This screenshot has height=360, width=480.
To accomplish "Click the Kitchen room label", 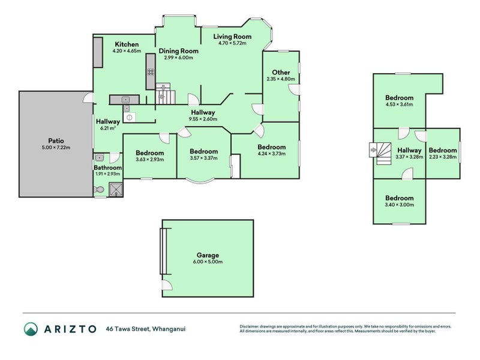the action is click(127, 44).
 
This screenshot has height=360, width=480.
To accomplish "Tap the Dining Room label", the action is click(178, 51).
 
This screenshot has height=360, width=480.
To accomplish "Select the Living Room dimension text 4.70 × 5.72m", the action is click(232, 43).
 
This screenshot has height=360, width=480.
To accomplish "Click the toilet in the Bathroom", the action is click(98, 190).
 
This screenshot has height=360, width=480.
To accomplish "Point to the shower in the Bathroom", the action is click(116, 190).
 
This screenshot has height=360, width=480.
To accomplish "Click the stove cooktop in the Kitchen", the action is click(151, 72).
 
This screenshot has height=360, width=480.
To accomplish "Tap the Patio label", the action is click(56, 141).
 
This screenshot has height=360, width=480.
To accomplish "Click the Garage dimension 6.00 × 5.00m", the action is click(208, 262).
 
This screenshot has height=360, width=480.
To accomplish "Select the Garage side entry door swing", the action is click(167, 286).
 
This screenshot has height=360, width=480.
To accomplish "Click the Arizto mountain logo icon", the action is click(31, 329).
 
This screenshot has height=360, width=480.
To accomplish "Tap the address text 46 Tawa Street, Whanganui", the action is click(146, 329).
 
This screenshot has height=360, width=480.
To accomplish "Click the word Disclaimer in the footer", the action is click(249, 326).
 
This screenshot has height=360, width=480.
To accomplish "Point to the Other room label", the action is click(281, 72).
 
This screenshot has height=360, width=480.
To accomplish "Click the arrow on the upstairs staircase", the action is click(373, 150).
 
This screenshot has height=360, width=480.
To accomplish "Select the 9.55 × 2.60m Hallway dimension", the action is click(203, 119).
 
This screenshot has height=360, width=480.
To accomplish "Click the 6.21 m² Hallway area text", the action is click(108, 128).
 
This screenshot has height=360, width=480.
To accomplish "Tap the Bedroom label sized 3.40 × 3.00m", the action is click(400, 198).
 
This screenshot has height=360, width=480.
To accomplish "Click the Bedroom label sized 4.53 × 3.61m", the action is click(400, 98).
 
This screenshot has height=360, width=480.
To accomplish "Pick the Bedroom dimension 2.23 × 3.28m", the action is click(443, 157).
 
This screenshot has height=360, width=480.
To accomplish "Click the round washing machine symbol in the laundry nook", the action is click(129, 117).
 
